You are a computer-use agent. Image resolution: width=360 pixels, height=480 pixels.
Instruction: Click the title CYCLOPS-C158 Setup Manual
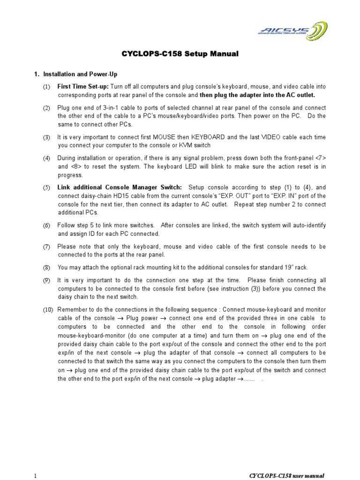pos(180,54)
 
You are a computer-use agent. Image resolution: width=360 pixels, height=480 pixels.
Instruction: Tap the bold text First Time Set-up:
pos(83,87)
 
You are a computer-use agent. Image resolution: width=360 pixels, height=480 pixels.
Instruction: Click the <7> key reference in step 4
pos(319,158)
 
